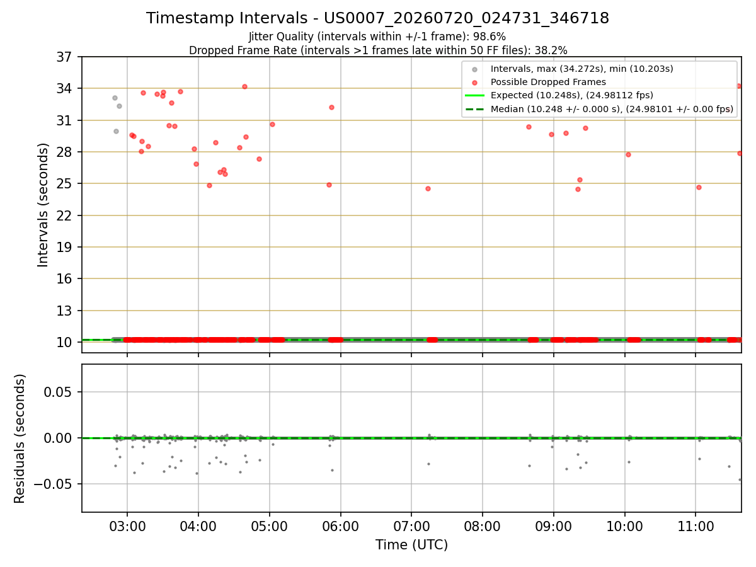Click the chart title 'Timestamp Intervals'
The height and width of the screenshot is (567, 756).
pyautogui.click(x=226, y=18)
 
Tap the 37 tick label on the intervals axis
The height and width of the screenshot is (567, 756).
pyautogui.click(x=64, y=57)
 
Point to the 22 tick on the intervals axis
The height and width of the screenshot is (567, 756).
pyautogui.click(x=64, y=216)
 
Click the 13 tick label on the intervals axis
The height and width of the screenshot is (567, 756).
pyautogui.click(x=64, y=311)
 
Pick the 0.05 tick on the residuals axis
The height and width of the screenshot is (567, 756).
pyautogui.click(x=57, y=392)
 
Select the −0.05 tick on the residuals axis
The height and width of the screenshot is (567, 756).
pyautogui.click(x=53, y=484)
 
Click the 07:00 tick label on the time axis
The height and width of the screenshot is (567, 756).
pyautogui.click(x=411, y=527)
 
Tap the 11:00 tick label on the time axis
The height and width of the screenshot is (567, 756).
pyautogui.click(x=696, y=527)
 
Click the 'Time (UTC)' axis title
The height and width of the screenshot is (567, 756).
pyautogui.click(x=411, y=545)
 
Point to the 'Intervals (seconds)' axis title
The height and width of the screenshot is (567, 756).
pyautogui.click(x=42, y=205)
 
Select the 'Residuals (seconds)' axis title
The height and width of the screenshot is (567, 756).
pyautogui.click(x=20, y=438)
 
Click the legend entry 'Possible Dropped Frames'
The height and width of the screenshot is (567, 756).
pyautogui.click(x=548, y=82)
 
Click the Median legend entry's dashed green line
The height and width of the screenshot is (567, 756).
pyautogui.click(x=474, y=110)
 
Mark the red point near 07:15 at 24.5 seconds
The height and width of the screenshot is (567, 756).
pyautogui.click(x=428, y=188)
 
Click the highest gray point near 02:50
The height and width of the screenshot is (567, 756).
pyautogui.click(x=115, y=98)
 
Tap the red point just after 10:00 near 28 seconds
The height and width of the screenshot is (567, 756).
pyautogui.click(x=628, y=154)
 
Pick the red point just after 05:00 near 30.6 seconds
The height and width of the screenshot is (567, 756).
pyautogui.click(x=272, y=124)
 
